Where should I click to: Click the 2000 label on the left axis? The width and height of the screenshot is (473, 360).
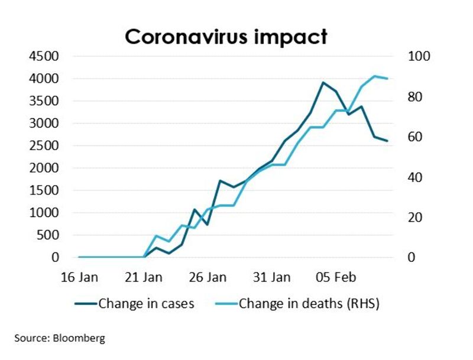click(x=43, y=168)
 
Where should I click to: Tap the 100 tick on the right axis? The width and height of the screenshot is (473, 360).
click(x=416, y=56)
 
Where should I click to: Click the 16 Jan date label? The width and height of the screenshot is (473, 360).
click(x=79, y=277)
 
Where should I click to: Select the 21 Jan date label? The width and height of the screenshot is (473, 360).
click(x=144, y=277)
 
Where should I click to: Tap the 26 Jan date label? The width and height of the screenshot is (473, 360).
click(x=209, y=277)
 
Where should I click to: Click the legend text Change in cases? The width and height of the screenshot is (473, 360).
click(x=146, y=304)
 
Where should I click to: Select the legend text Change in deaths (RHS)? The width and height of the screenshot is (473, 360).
click(x=309, y=304)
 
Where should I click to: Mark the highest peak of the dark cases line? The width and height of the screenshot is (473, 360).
click(x=323, y=83)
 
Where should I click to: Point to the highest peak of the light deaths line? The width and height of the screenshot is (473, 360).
click(x=374, y=76)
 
